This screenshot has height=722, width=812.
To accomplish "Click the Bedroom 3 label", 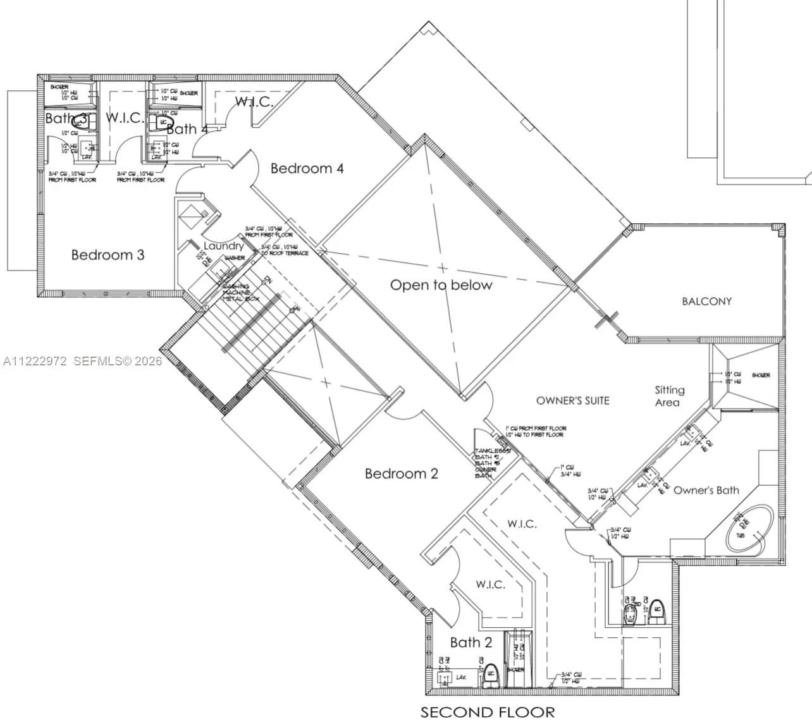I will (x=108, y=255).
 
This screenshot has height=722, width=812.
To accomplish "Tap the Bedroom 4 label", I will (x=307, y=168).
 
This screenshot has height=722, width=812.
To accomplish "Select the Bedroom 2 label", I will (x=401, y=474).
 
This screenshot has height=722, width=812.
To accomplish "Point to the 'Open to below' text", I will (x=441, y=285).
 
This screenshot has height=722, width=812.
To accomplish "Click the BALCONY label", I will (x=706, y=302).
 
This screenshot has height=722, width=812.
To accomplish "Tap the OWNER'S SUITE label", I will (x=572, y=400).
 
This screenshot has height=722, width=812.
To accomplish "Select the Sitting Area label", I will (x=668, y=396).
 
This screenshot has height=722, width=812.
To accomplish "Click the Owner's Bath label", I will (x=706, y=490).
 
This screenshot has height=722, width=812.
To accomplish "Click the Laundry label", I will (x=223, y=245).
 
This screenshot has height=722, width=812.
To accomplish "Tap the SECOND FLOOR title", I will (x=488, y=712).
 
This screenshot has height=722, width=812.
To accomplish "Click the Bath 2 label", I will (x=471, y=642).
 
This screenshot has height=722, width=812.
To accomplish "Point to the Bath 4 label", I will (x=187, y=129).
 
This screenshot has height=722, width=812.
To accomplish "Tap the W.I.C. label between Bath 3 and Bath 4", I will (x=125, y=118).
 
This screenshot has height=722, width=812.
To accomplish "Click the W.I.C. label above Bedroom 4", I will (x=254, y=101).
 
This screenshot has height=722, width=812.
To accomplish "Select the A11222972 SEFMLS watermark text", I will (x=82, y=362).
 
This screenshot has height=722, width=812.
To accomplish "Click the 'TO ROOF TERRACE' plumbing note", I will (x=285, y=253).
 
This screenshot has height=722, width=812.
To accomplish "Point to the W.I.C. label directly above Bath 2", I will (x=490, y=584).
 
